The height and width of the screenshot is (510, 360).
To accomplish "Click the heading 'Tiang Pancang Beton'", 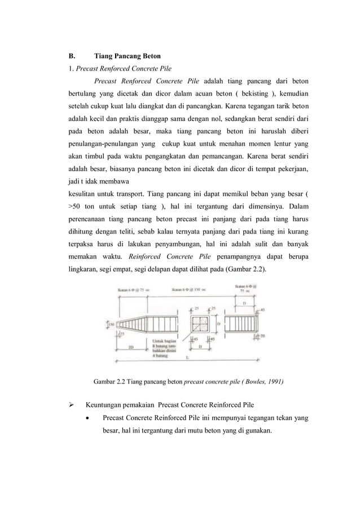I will (127, 56).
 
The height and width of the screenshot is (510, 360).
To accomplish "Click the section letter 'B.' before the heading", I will (72, 56).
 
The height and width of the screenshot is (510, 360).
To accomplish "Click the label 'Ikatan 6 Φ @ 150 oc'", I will (189, 290).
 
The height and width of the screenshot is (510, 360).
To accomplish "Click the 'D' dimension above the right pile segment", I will (243, 303).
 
